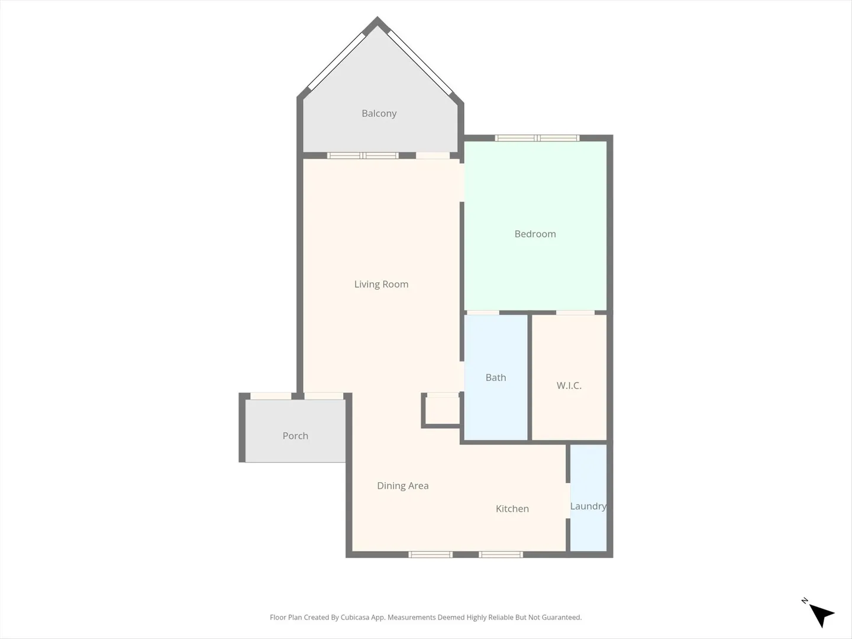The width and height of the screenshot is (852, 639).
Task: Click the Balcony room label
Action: tap(379, 113)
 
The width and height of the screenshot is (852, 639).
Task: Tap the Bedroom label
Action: tap(535, 234)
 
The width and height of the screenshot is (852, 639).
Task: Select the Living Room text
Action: tap(381, 285)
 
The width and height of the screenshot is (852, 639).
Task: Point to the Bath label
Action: tap(496, 377)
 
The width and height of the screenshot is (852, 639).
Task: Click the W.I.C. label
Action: tap(569, 386)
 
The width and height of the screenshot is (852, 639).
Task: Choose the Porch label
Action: tap(295, 435)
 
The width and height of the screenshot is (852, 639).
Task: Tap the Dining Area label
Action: tap(403, 486)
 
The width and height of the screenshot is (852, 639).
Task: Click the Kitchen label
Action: tap(512, 509)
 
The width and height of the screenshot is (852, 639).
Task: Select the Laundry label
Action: tap(589, 506)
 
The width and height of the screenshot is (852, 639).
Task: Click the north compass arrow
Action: tap(821, 614)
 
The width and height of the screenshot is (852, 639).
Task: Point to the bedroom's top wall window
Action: tap(537, 138)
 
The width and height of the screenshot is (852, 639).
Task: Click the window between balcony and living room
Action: tap(363, 156)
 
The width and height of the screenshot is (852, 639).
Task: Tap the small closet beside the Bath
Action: tap(443, 411)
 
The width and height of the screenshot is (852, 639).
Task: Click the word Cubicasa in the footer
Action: tap(355, 617)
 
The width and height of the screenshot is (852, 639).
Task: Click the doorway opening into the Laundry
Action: tap(568, 501)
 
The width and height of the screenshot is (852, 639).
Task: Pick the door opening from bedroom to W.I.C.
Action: tap(575, 312)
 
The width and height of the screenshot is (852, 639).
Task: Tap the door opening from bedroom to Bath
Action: tap(483, 312)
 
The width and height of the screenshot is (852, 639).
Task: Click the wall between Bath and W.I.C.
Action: tap(530, 377)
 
